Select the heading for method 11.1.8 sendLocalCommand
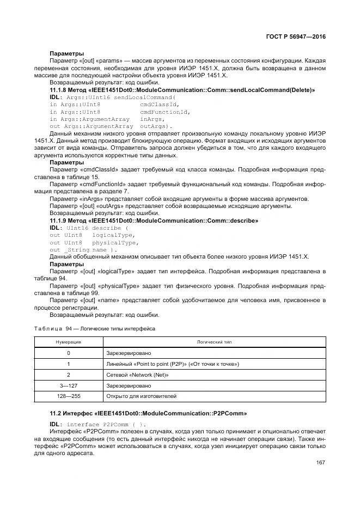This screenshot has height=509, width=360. point(182,89)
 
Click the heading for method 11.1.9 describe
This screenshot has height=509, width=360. point(154,220)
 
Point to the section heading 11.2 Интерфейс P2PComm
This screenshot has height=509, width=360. point(148,413)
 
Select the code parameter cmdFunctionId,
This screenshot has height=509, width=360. point(165,112)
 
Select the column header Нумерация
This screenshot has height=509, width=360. point(68,342)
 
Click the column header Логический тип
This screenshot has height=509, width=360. point(214,342)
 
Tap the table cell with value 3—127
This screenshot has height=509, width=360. point(68,385)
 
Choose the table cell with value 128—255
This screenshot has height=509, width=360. point(68,396)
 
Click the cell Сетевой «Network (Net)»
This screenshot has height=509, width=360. point(138,375)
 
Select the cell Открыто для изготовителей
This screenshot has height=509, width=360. point(141,396)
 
